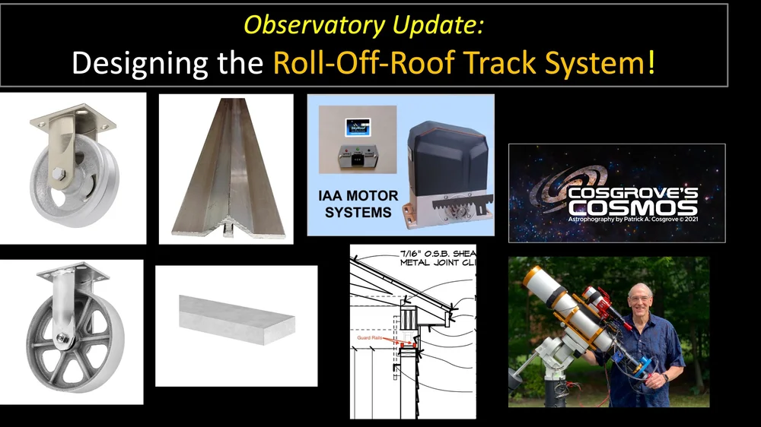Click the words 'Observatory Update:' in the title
tap(363, 26)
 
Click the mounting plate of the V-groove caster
tap(72, 120)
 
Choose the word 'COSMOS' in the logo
tap(632, 207)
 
